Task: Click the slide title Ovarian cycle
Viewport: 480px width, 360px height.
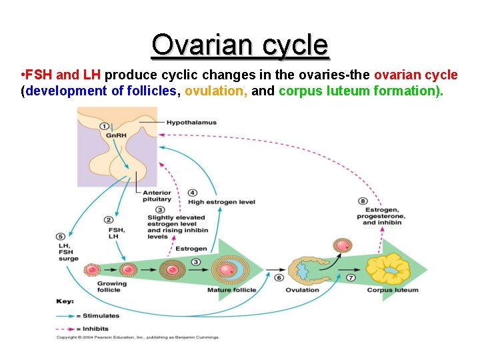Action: pos(240,45)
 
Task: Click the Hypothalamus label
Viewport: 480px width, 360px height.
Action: pos(191,123)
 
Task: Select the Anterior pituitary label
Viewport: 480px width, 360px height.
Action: pos(157,196)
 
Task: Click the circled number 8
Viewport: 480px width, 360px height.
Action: pos(363,200)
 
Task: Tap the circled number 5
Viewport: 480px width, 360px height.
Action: pos(61,235)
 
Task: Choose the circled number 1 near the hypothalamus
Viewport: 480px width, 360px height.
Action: pos(104,126)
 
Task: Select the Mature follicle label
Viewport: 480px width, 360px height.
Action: pos(228,290)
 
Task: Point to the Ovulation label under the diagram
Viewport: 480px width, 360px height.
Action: pos(302,290)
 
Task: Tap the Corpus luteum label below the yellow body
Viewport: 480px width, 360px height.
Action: pos(393,290)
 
